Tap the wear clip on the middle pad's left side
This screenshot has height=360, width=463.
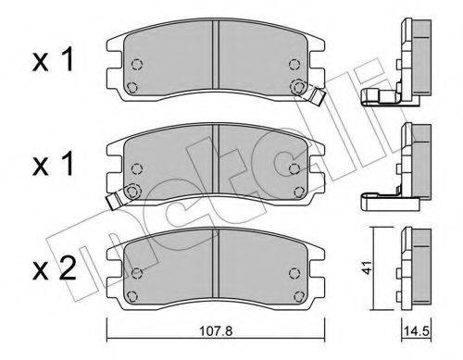[115, 196]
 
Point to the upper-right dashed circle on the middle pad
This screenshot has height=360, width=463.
[295, 168]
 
